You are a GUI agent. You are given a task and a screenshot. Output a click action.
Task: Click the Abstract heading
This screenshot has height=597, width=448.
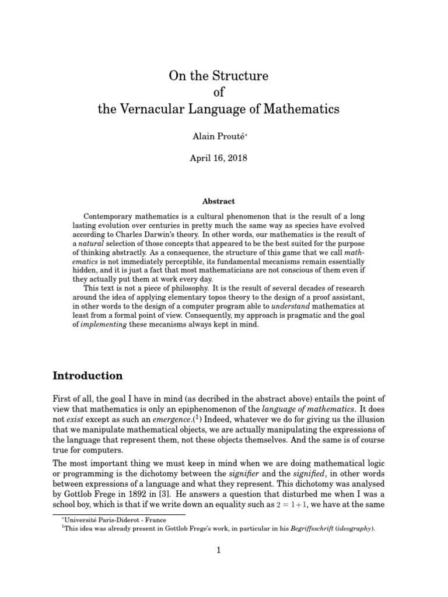pos(218,201)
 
